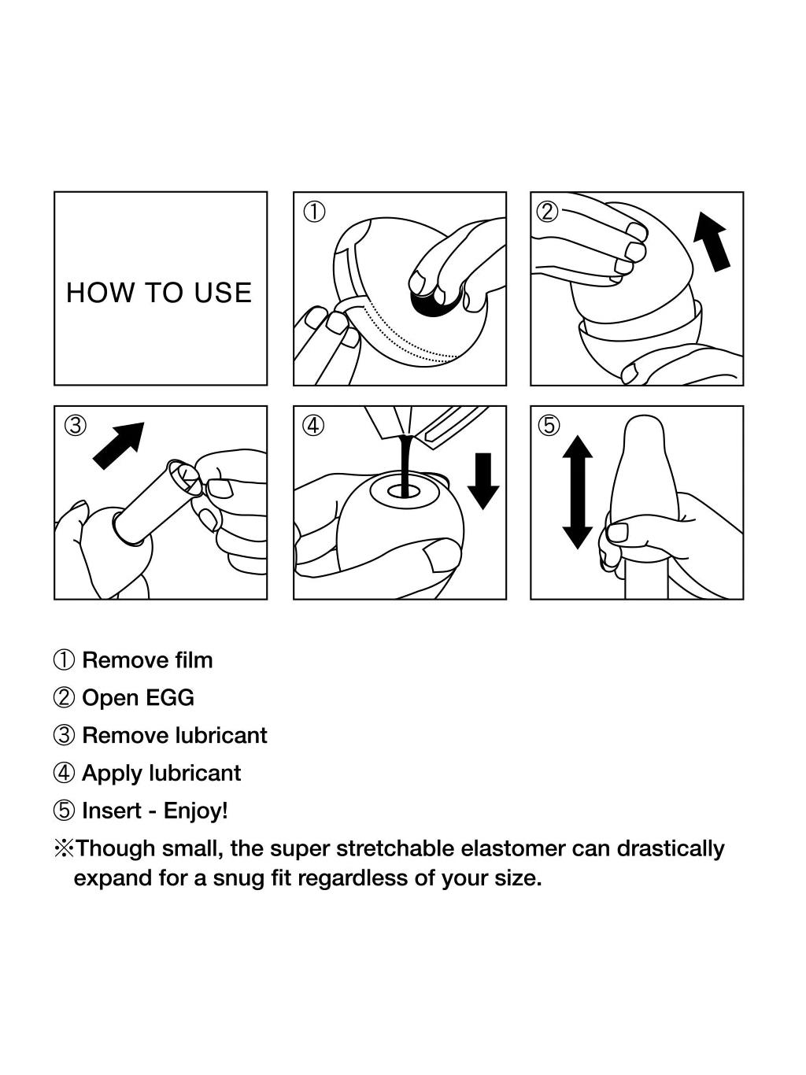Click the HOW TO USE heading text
tap(159, 293)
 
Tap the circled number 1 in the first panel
tap(314, 212)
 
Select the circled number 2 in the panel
tap(548, 212)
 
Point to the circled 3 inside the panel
tap(76, 425)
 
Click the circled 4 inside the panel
tap(314, 425)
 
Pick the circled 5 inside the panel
tap(549, 425)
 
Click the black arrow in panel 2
tap(712, 242)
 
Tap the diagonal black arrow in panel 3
tap(119, 445)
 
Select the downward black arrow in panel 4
tap(482, 481)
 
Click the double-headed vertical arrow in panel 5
tap(578, 492)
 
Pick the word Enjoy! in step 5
tap(196, 811)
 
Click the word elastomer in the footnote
tap(513, 848)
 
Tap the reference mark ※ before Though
tap(64, 848)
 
